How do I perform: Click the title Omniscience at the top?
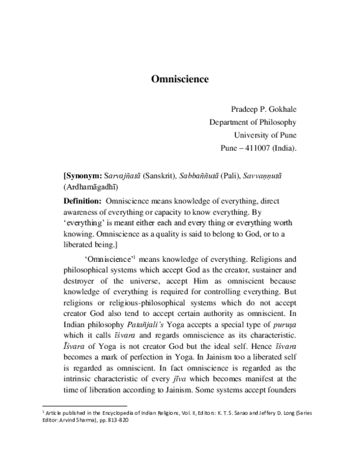pyautogui.click(x=179, y=78)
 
